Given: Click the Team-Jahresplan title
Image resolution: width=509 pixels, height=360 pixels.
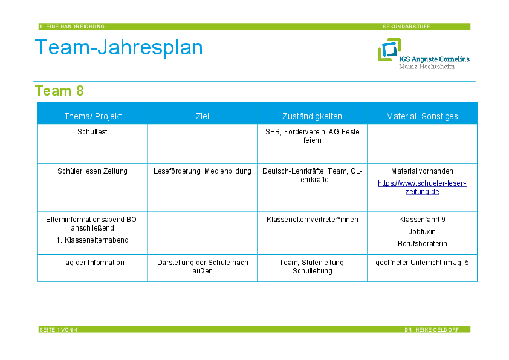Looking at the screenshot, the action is (119, 47).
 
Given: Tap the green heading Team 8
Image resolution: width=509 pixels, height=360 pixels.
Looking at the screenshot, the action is (59, 91).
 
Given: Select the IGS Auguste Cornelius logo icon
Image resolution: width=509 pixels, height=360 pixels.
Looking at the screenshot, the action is (389, 50).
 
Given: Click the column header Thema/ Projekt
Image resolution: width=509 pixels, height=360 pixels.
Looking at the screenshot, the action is (93, 116).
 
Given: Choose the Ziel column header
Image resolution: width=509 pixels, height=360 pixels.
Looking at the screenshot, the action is (203, 116).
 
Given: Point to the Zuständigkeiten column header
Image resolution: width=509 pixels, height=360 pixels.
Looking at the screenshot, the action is (312, 116).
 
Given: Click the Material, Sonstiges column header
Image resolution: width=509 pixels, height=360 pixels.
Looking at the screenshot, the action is (422, 116).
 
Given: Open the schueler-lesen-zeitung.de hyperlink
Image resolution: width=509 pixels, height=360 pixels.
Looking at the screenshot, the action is (422, 188).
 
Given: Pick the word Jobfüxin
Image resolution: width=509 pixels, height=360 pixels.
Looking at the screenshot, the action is (422, 232).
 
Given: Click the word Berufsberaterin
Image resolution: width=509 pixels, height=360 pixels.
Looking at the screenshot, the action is (423, 244).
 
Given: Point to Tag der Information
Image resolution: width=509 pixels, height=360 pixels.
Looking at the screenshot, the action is (92, 263).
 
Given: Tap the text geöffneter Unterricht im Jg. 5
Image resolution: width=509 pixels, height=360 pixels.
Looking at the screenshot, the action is (422, 263).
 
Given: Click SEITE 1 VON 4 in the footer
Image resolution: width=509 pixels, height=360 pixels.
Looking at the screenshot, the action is (59, 330).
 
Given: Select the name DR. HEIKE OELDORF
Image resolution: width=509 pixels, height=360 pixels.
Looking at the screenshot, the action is (432, 330).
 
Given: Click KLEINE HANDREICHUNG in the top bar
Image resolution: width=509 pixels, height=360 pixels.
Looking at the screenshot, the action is (72, 27).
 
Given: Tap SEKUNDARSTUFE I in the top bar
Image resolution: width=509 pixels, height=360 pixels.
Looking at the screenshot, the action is (409, 27).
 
